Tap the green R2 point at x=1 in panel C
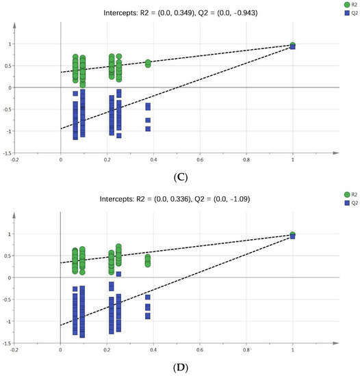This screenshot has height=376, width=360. click(x=293, y=44)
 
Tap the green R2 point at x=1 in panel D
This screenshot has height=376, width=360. click(x=293, y=234)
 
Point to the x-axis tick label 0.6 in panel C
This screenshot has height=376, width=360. click(x=200, y=159)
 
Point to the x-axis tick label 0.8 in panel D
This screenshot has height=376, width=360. click(x=246, y=349)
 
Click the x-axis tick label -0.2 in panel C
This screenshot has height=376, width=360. click(x=14, y=159)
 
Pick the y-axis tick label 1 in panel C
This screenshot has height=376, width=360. click(x=10, y=44)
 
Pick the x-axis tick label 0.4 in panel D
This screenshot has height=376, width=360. click(x=153, y=349)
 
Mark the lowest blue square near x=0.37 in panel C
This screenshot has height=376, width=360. click(x=148, y=128)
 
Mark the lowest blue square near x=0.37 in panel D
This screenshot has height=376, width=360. click(x=148, y=316)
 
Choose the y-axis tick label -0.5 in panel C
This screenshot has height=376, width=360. click(x=8, y=109)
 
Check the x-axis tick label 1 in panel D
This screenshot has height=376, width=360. click(x=293, y=349)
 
